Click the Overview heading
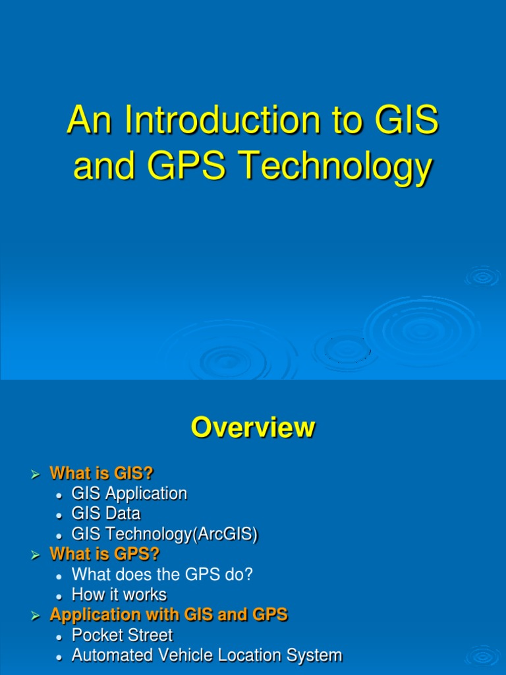(x=253, y=428)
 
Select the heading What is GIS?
(x=101, y=473)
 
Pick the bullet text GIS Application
(x=129, y=493)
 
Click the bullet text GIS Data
(x=105, y=514)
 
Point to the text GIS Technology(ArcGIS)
(x=164, y=534)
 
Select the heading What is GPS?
(x=104, y=554)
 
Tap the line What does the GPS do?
(x=162, y=574)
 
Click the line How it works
(x=119, y=595)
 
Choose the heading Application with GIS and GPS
(x=169, y=615)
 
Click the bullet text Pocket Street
(x=122, y=635)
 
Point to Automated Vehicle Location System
(x=206, y=655)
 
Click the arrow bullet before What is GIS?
(x=36, y=474)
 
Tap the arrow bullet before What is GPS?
(x=36, y=554)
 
